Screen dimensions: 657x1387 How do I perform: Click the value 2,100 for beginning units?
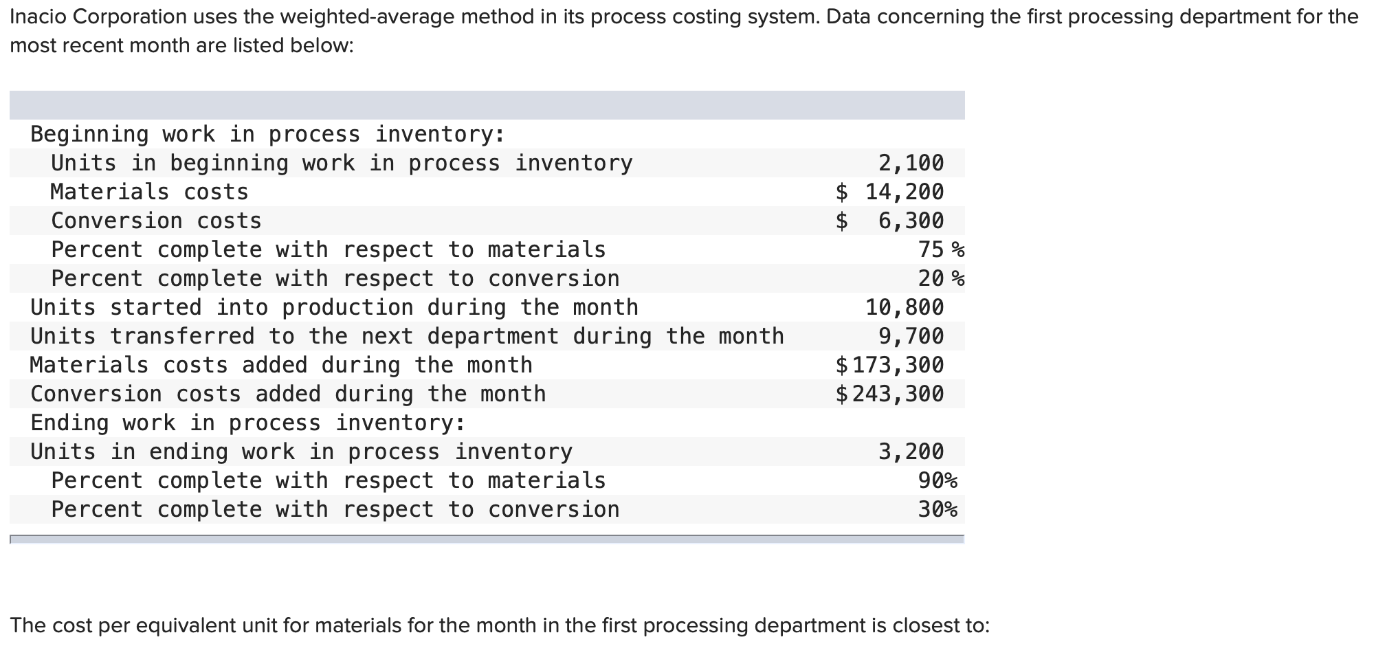click(x=911, y=163)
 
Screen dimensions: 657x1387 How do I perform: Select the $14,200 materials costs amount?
click(x=890, y=192)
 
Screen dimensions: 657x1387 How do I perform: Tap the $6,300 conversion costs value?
click(x=890, y=221)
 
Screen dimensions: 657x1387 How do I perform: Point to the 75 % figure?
click(x=941, y=249)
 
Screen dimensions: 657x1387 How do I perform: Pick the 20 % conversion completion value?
click(x=941, y=278)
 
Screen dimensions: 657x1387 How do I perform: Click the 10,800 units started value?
click(x=905, y=307)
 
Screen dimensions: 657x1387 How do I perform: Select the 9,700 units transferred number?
click(x=911, y=336)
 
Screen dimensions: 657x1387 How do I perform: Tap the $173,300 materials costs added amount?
click(x=890, y=365)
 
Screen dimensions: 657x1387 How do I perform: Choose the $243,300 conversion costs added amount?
click(x=890, y=394)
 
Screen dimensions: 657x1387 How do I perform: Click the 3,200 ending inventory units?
click(x=911, y=452)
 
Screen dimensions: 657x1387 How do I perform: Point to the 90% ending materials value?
click(x=937, y=480)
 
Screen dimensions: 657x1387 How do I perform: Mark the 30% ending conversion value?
click(x=937, y=509)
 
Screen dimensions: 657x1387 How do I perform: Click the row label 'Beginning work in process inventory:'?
click(x=268, y=134)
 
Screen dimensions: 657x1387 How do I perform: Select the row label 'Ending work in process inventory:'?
click(x=248, y=423)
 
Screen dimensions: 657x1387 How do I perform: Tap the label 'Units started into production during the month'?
click(x=334, y=307)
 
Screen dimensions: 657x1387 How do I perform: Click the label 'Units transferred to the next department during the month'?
click(x=407, y=336)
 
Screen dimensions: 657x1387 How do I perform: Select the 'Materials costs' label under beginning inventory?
click(x=149, y=192)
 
